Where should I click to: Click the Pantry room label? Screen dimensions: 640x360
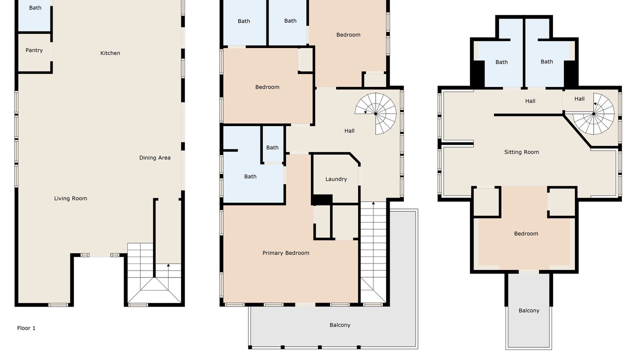click(34, 50)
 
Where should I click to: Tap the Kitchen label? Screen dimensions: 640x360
click(110, 53)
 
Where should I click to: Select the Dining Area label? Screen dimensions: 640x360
click(154, 157)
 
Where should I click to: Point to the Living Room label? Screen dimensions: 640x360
click(70, 198)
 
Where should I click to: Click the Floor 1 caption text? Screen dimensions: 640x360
click(26, 328)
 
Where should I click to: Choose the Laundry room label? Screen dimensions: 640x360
click(336, 179)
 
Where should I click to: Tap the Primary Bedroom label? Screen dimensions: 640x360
click(285, 253)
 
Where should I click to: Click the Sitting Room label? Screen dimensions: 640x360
click(521, 152)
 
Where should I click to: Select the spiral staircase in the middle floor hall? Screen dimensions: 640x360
click(375, 113)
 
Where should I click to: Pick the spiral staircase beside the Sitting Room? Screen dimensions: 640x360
click(593, 113)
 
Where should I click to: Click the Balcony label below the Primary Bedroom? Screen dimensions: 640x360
click(339, 325)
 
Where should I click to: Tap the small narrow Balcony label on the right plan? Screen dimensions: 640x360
click(529, 310)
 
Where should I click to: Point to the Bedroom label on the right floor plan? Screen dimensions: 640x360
click(526, 233)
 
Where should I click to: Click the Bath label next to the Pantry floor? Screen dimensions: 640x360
click(35, 7)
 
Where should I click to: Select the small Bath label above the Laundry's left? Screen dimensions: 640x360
click(272, 147)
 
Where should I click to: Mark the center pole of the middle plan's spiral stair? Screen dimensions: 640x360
click(375, 113)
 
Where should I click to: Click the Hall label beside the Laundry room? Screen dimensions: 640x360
click(349, 131)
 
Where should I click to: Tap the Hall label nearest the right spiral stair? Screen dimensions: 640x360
click(579, 99)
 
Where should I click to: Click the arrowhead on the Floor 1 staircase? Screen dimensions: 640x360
click(168, 265)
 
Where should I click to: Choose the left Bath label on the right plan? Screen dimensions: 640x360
click(501, 62)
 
